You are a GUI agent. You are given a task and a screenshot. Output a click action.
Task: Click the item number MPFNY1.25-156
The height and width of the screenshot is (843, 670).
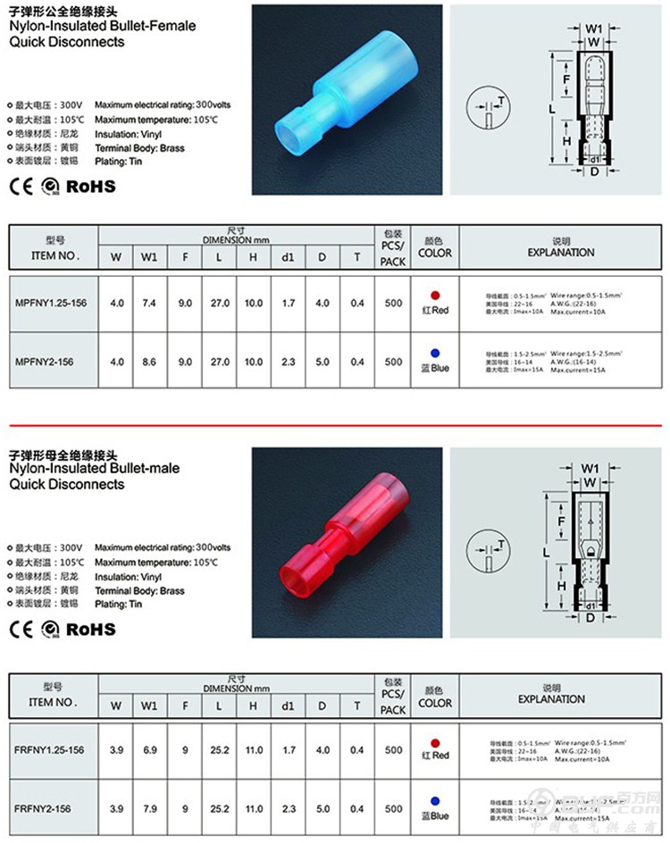pos(52,304)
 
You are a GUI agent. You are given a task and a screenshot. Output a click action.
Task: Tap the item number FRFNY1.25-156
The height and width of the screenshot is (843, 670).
pos(50,750)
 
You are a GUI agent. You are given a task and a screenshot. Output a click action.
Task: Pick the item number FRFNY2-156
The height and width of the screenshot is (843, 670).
pos(42,808)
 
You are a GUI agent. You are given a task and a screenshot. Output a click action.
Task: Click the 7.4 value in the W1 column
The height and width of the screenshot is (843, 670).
pos(149,304)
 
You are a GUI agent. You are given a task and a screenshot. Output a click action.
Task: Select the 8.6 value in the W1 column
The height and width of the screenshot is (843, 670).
pos(149,362)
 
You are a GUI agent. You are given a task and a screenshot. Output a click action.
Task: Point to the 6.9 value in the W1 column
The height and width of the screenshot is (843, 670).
pos(149,750)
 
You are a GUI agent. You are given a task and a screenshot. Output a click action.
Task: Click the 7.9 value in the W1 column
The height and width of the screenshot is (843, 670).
pos(149,808)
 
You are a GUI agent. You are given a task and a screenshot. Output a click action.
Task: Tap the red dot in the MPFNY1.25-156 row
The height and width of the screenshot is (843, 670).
pos(435,295)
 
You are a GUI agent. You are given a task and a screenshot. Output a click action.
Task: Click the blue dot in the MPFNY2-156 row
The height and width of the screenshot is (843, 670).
pos(435,353)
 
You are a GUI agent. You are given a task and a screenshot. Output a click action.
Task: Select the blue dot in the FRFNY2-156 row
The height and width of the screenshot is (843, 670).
pos(435,801)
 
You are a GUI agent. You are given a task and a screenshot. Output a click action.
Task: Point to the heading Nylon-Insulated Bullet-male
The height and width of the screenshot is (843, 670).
pos(94,468)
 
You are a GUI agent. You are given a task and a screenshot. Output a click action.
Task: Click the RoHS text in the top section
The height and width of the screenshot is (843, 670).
pos(91,186)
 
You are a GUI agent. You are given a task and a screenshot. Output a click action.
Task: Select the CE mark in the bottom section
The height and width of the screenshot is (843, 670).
pos(20,629)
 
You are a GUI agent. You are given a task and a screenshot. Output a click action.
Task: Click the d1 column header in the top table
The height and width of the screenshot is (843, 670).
pos(288,258)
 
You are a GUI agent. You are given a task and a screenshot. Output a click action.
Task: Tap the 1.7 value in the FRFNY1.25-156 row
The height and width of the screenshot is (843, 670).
pos(288,750)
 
